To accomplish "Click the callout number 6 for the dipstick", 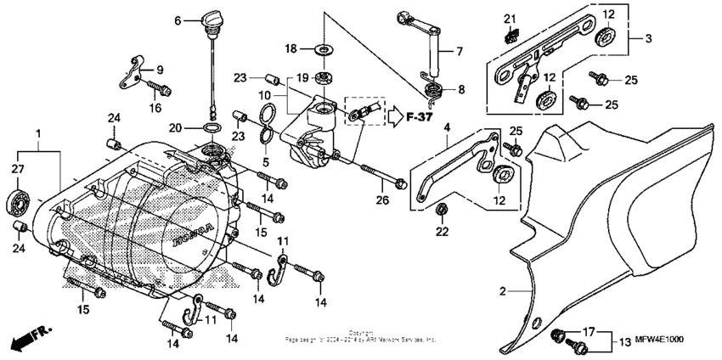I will pos(178,20).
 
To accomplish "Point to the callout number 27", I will pos(17,169).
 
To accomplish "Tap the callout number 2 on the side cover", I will pos(502,291).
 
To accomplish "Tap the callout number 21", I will pos(509,19).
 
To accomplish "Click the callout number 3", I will pos(648,38).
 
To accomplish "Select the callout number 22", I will pos(441,231).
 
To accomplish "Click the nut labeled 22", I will pos(441,209).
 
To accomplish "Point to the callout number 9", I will pos(160,70).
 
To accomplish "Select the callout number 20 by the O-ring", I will pos(174,129).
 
